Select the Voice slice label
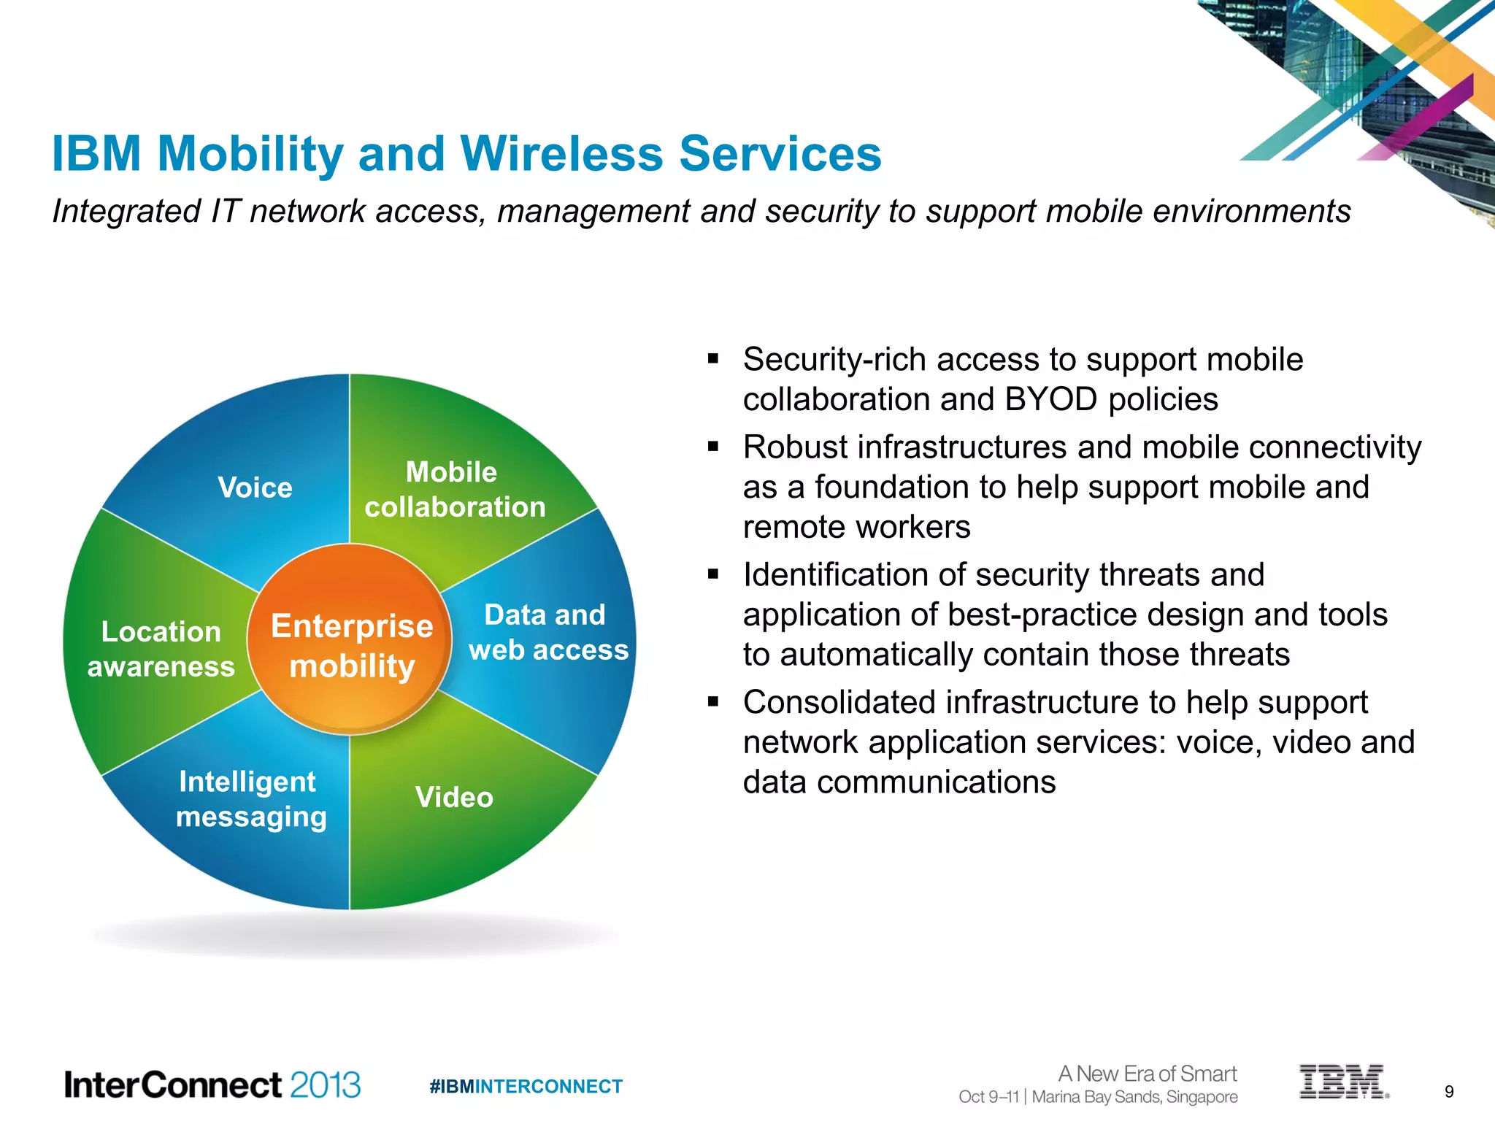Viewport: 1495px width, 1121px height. (x=255, y=488)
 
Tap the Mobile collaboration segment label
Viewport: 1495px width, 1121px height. (x=454, y=490)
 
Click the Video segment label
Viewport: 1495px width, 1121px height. (x=454, y=797)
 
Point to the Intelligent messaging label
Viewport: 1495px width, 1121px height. (x=250, y=799)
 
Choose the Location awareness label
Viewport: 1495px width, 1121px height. (x=161, y=649)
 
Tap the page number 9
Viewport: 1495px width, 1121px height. (x=1449, y=1092)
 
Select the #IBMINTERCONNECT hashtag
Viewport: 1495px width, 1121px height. (x=526, y=1087)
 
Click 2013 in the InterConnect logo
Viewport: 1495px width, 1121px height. (x=326, y=1085)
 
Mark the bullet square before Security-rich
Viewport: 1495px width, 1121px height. (x=713, y=360)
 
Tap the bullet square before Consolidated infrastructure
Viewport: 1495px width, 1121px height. (x=713, y=703)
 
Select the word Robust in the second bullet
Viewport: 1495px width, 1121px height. (x=795, y=447)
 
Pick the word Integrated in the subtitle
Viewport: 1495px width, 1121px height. (x=126, y=212)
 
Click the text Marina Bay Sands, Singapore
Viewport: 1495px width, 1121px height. (x=1134, y=1097)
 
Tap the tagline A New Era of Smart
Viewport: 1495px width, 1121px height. (x=1147, y=1074)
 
